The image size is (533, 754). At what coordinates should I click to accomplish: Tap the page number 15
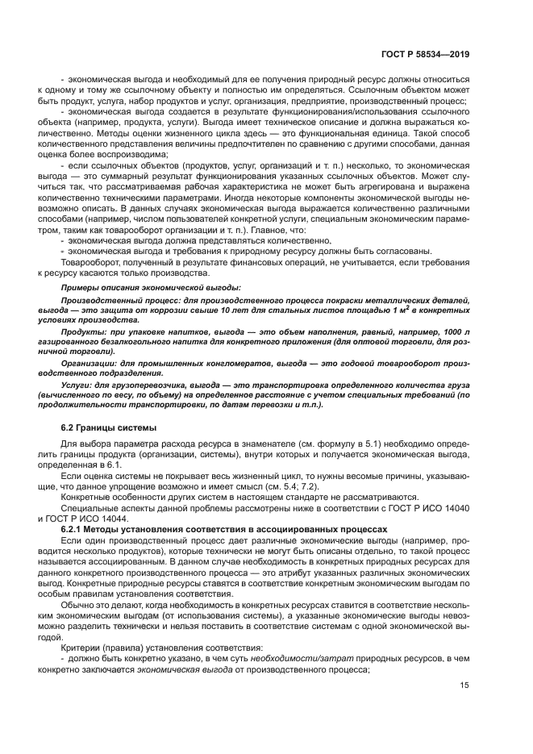(464, 685)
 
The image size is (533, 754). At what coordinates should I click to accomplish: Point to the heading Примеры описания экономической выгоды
(152, 287)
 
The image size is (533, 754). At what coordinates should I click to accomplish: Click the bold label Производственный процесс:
(117, 299)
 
